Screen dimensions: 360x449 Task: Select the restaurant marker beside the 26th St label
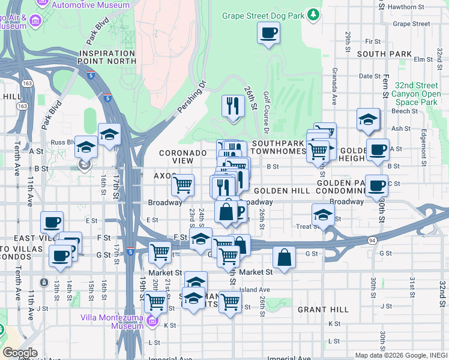233,106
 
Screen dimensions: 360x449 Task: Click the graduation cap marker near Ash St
368,119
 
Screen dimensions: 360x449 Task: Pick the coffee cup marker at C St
377,185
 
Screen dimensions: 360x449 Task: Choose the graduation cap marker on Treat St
323,214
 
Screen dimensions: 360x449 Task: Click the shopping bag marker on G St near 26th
285,257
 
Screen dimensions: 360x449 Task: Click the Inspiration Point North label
107,57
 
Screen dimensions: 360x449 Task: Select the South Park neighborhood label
384,54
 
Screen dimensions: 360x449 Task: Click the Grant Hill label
323,310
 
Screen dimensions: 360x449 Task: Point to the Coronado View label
183,157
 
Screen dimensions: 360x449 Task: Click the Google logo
20,353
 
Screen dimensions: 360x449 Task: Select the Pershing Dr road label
191,97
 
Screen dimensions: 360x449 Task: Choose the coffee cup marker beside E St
52,222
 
